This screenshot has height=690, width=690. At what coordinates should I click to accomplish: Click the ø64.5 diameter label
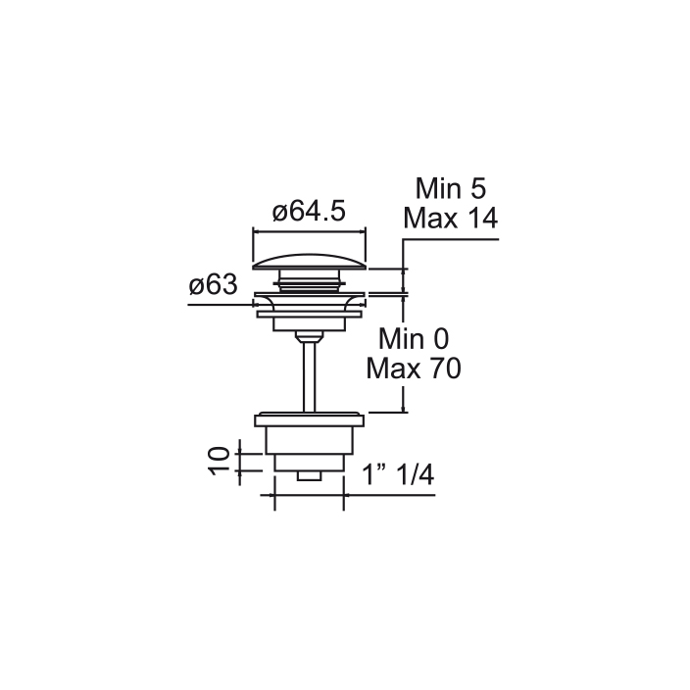point(309,212)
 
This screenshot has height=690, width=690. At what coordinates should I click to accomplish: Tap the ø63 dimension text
point(214,284)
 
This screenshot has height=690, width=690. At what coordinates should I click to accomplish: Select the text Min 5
point(451,188)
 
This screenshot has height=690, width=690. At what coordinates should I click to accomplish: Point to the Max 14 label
point(451,218)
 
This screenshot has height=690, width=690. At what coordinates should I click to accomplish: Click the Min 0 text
point(414,339)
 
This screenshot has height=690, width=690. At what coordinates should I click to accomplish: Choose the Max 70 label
point(414,369)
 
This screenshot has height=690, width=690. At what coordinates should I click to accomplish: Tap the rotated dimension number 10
point(220,461)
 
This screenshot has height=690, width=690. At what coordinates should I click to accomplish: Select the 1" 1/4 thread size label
point(398,474)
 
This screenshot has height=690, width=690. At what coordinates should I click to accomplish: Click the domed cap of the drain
point(310,262)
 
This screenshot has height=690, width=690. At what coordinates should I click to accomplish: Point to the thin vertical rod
point(310,376)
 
